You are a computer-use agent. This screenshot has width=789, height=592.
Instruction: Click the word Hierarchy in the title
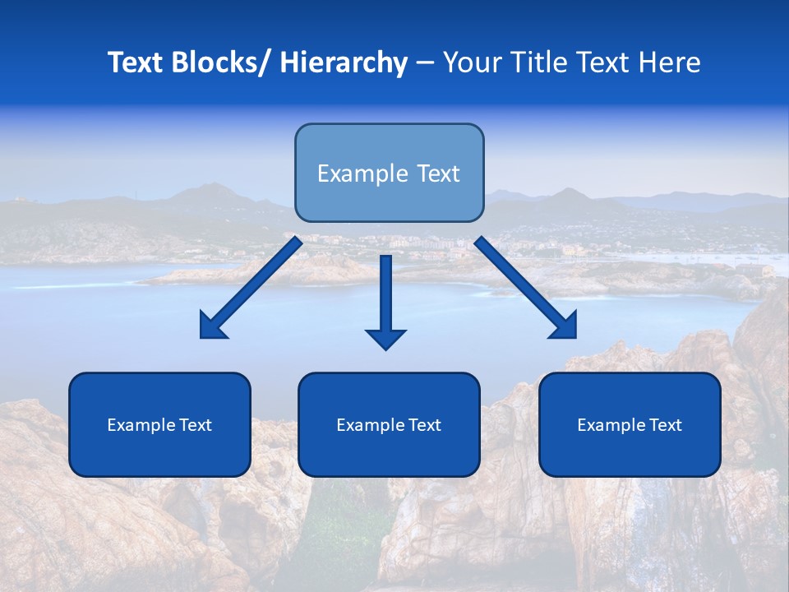click(344, 62)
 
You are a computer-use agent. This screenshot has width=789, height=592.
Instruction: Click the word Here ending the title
click(671, 62)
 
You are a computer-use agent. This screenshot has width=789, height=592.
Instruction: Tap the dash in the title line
click(424, 62)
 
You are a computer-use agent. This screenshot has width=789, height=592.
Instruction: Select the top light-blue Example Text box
click(389, 173)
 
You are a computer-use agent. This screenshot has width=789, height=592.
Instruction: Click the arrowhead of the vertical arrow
click(385, 337)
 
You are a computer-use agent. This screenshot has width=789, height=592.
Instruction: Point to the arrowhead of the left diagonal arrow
click(212, 327)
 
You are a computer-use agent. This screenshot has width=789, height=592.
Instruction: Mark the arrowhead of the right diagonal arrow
click(565, 326)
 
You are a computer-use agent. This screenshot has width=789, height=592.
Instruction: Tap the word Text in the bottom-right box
click(665, 425)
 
